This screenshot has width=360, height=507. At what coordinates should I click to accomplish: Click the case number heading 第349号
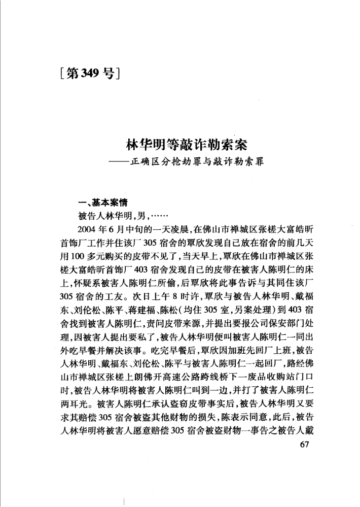89,75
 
